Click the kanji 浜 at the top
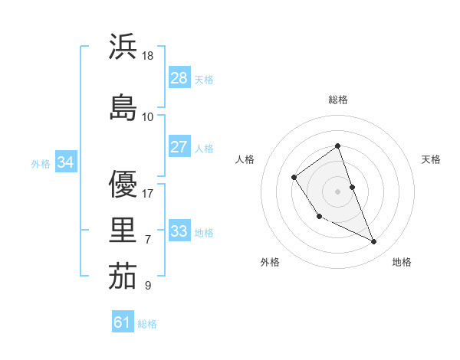pos(123,47)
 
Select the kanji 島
pos(123,107)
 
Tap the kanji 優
pos(123,184)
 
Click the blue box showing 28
pos(179,78)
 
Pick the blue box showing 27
pos(179,147)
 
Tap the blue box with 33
pos(179,231)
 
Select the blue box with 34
pos(66,162)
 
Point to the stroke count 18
pos(148,56)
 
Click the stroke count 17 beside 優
pos(148,194)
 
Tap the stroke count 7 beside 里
pos(148,240)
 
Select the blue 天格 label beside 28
pos(204,79)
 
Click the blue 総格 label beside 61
pos(147,324)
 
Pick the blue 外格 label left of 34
pos(41,163)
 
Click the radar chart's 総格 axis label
pos(338,100)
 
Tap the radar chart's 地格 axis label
pos(402,262)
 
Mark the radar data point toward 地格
pos(374,242)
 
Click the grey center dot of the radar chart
pos(337,190)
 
